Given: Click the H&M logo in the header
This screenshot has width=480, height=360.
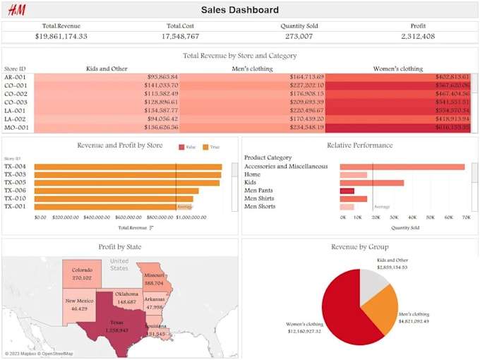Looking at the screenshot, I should pos(16,10).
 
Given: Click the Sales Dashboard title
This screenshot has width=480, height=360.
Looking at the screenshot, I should pos(240,10).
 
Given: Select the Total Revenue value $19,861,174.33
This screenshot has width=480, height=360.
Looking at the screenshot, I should pos(61,36).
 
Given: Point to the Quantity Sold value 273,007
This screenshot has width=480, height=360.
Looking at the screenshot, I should pos(299,36).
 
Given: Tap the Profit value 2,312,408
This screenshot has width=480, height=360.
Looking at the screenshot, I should pos(418,36).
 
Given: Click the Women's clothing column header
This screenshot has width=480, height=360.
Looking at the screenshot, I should pos(398,68).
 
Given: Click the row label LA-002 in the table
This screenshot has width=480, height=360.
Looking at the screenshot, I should pos(16,119).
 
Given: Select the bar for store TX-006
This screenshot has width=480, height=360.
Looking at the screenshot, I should pos(116,191).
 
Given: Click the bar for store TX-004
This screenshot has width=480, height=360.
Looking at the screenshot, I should pos(128,167).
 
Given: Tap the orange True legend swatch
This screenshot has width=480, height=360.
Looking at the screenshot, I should pos(206,147).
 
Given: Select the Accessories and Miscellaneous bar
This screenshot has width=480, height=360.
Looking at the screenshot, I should pos(402,167).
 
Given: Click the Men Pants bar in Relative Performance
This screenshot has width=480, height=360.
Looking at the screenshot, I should pos(347,191).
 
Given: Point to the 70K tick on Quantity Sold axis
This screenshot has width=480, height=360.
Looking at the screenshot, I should pos(466,217).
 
